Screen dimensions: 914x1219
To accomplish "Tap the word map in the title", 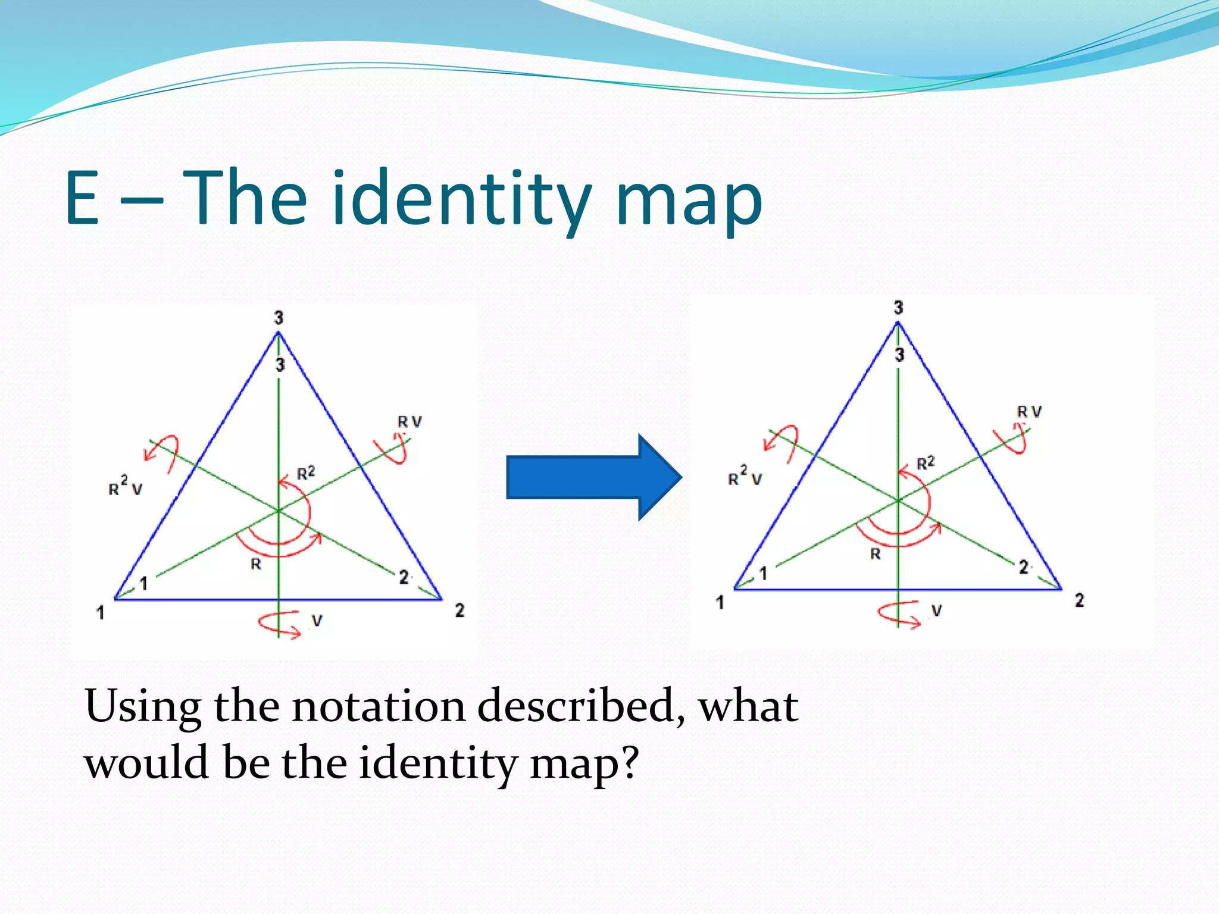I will (689, 202).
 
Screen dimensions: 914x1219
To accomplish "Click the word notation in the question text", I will (379, 706).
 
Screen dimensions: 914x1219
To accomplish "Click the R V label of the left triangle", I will (410, 422).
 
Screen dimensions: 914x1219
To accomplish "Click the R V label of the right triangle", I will (1029, 412).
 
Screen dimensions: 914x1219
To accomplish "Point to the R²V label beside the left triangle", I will (125, 486).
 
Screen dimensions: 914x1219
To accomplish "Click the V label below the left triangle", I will (317, 621).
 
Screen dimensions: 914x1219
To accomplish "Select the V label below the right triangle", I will (936, 611).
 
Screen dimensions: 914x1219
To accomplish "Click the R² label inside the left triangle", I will (306, 473).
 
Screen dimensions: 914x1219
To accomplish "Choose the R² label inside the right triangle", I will (926, 463).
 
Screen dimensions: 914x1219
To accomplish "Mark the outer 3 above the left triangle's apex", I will (279, 318).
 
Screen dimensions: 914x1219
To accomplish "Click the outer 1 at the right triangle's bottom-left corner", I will (720, 603).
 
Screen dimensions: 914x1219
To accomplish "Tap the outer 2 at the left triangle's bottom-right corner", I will (460, 611).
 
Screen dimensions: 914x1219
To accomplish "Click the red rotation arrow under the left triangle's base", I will (279, 624).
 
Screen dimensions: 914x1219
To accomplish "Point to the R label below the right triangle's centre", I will (875, 554).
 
